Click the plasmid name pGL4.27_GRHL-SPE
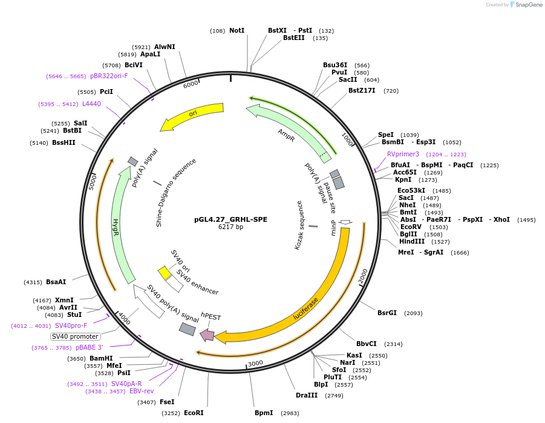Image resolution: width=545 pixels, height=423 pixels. point(230,219)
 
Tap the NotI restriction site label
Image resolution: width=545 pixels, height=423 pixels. point(237,30)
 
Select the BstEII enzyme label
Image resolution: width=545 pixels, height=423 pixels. point(294,38)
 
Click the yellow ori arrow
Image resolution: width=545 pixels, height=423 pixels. point(192,115)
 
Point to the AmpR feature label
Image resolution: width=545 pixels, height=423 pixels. point(286,135)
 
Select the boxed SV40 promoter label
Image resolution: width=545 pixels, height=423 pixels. point(75,336)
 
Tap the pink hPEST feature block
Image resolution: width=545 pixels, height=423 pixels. point(207,335)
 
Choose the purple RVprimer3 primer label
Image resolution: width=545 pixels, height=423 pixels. point(403,154)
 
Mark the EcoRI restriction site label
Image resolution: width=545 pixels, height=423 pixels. point(194,413)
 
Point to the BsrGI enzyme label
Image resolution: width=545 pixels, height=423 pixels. point(387,313)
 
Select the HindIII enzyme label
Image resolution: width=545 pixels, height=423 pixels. point(412,241)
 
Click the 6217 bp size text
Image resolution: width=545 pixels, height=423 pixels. point(230,227)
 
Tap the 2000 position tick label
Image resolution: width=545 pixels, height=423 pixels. point(363,276)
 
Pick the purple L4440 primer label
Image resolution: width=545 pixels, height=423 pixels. point(91,104)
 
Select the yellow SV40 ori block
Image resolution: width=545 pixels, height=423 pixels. point(164,273)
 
